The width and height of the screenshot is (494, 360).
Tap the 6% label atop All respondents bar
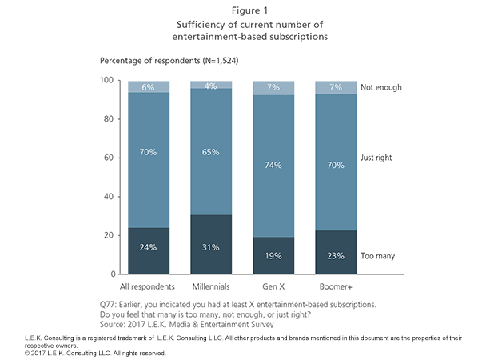(x=147, y=86)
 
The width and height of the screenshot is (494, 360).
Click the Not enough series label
(x=380, y=87)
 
